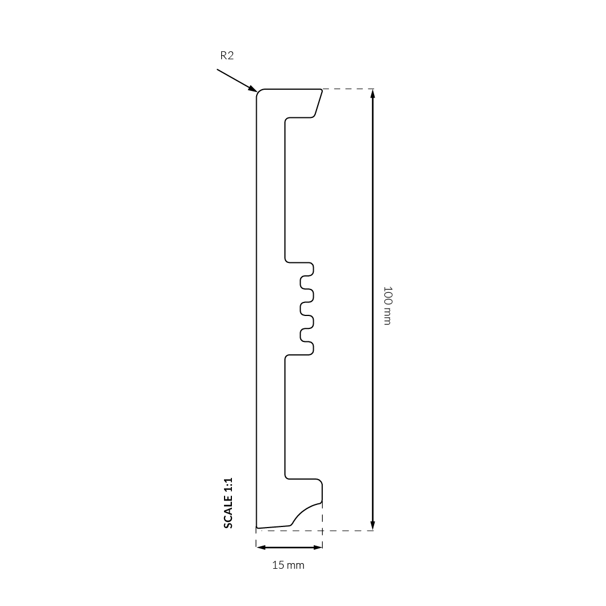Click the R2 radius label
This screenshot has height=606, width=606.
tap(227, 56)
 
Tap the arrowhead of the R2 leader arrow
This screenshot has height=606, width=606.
tap(253, 89)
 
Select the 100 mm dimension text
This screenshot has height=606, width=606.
tap(387, 306)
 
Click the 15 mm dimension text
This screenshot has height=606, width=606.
tap(288, 565)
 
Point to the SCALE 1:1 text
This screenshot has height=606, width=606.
tap(229, 503)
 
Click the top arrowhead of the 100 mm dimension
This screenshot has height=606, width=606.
tap(372, 94)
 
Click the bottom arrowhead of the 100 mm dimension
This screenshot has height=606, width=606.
tap(372, 525)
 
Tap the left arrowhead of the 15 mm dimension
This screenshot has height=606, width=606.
tap(261, 547)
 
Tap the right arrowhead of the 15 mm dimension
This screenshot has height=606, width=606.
tap(317, 547)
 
